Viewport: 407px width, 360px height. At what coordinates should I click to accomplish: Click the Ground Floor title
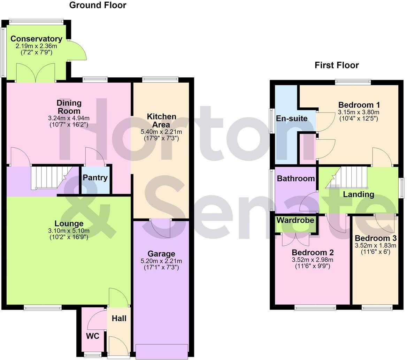(98, 5)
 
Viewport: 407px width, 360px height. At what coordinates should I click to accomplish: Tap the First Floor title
(337, 65)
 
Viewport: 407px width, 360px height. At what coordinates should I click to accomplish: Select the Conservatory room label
(36, 39)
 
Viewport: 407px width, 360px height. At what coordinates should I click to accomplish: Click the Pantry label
(95, 177)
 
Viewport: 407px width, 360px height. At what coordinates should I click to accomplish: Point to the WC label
(93, 336)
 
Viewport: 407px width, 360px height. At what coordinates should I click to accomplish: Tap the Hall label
(119, 319)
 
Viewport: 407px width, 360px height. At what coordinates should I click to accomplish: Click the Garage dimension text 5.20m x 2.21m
(161, 261)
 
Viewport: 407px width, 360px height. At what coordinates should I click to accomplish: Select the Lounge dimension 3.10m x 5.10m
(69, 231)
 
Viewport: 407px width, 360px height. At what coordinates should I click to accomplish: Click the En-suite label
(292, 118)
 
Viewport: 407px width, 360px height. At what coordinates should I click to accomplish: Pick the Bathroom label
(296, 178)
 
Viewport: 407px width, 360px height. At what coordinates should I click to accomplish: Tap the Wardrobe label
(295, 220)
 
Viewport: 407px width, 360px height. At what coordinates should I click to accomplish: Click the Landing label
(359, 194)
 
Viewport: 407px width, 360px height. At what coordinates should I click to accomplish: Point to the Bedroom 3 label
(376, 238)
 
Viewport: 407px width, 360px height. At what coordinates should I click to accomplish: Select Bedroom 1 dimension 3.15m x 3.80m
(359, 112)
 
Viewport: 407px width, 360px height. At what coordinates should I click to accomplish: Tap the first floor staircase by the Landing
(346, 177)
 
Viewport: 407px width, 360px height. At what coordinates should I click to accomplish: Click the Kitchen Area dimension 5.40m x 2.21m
(161, 132)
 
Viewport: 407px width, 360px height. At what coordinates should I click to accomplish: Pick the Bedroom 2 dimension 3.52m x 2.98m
(313, 260)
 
